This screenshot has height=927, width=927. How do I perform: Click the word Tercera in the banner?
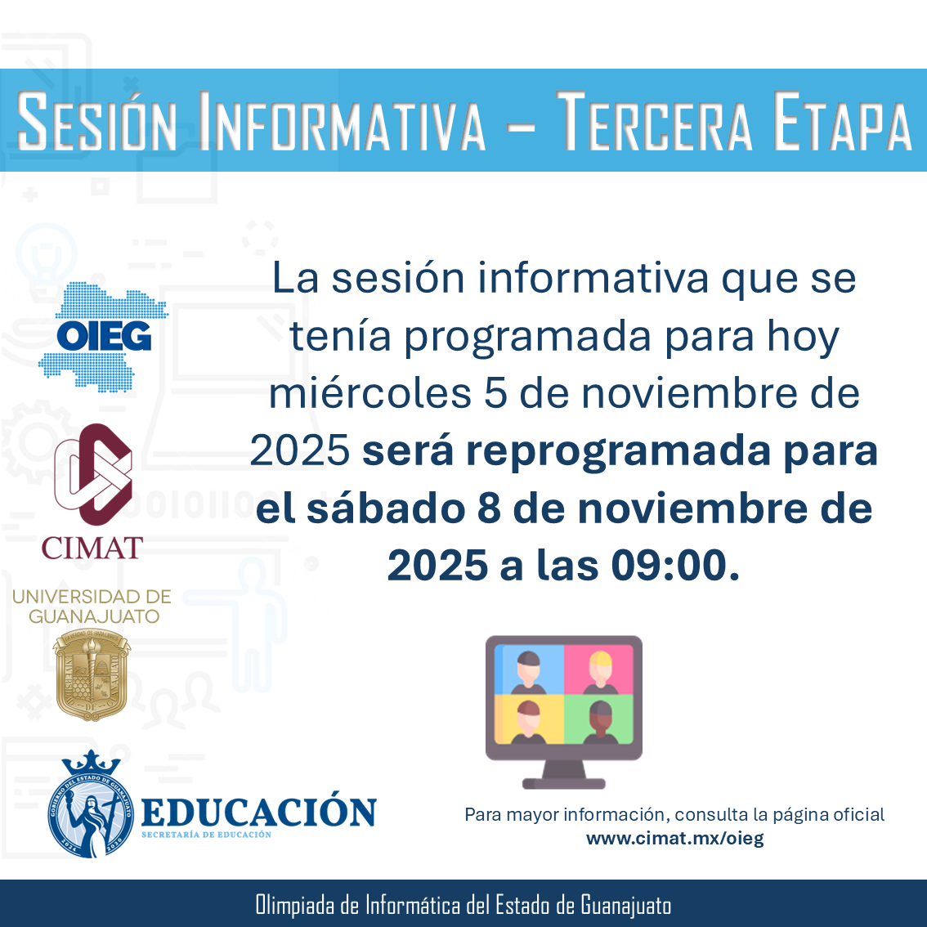tap(655, 121)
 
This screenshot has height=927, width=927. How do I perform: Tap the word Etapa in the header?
tap(843, 121)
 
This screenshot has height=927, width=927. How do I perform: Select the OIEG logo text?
tap(104, 336)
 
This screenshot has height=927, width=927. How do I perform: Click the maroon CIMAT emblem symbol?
tap(93, 474)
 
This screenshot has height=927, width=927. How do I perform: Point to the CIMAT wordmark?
tap(92, 548)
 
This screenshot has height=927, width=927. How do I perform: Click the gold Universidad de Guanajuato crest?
tap(92, 674)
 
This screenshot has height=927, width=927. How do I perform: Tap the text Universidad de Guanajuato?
tap(92, 607)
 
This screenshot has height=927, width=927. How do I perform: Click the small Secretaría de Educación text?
tap(206, 835)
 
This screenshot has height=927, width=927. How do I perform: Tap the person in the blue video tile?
tap(528, 672)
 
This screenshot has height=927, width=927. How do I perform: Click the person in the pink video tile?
tap(600, 672)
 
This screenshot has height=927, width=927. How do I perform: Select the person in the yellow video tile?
tap(528, 722)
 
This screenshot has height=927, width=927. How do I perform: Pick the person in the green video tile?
tap(600, 722)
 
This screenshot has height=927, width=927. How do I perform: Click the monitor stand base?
tap(563, 784)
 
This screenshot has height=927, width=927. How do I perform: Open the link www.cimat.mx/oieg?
tap(674, 839)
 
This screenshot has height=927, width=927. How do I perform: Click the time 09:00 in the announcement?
tap(668, 565)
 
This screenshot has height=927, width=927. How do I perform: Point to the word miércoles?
tap(369, 393)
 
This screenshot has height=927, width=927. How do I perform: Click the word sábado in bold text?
tap(386, 508)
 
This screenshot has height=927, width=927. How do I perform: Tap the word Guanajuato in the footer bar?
tap(625, 905)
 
